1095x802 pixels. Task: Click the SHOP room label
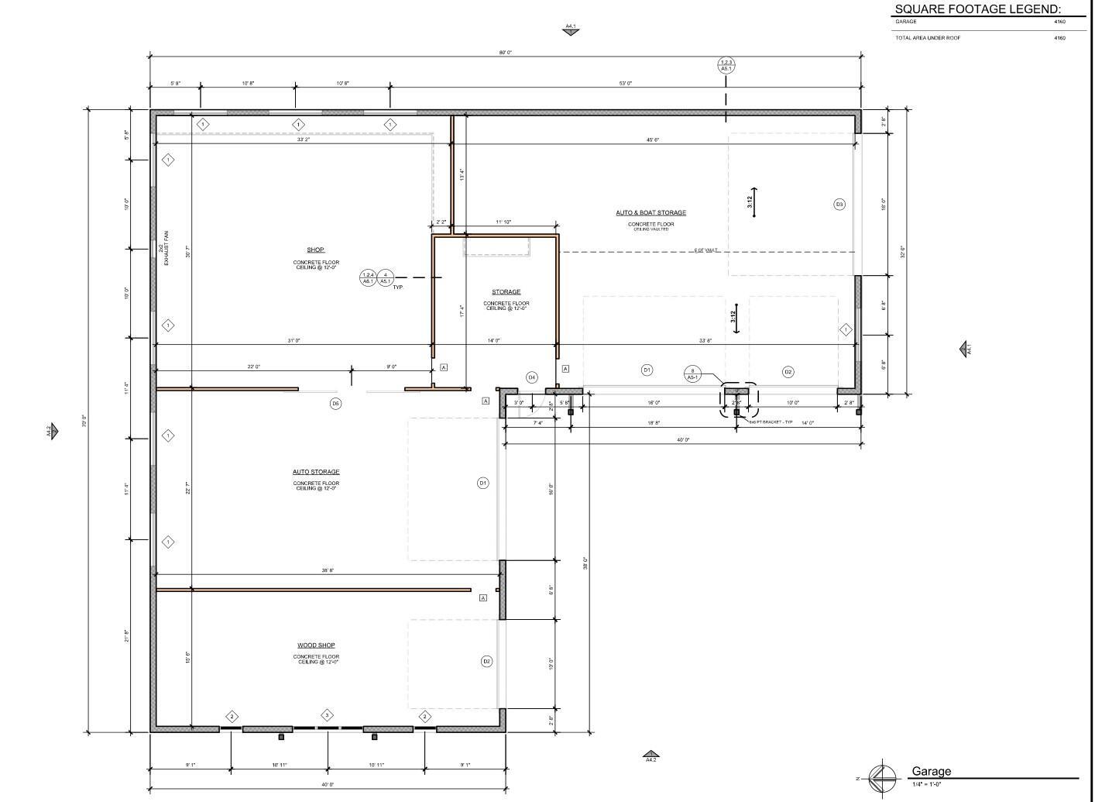[x=315, y=250]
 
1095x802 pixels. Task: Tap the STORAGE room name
[x=506, y=292]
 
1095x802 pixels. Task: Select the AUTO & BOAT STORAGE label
[x=650, y=212]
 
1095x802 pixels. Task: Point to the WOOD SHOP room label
[x=316, y=645]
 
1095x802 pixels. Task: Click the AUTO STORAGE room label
[x=316, y=472]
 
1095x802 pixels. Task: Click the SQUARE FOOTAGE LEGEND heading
[x=978, y=9]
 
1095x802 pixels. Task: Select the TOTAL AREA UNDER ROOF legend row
[x=928, y=38]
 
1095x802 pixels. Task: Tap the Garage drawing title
[x=931, y=771]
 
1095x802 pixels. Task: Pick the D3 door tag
[x=839, y=205]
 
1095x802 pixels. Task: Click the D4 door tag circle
[x=532, y=377]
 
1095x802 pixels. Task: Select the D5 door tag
[x=335, y=404]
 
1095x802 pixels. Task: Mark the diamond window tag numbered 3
[x=328, y=715]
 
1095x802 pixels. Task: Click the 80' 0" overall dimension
[x=505, y=53]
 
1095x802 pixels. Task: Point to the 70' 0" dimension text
[x=84, y=422]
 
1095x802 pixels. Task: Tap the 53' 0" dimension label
[x=626, y=83]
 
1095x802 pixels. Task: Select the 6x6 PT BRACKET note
[x=771, y=422]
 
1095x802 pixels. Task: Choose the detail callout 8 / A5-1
[x=692, y=374]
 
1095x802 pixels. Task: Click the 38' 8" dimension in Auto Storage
[x=328, y=570]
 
